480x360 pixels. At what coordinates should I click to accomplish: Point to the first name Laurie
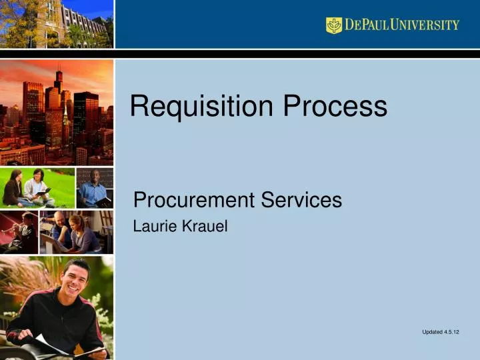(x=152, y=227)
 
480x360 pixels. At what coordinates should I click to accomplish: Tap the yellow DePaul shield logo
(x=333, y=25)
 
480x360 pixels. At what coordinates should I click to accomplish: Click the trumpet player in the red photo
(x=24, y=230)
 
